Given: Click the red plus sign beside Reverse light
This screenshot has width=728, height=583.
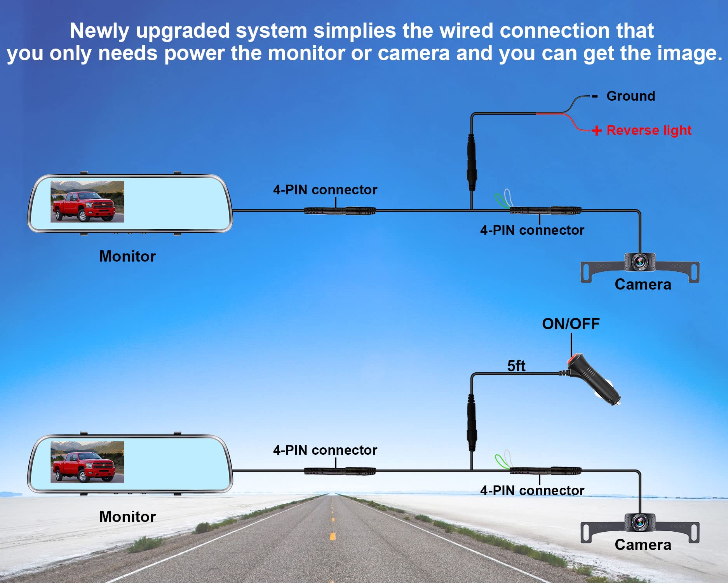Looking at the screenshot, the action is pos(597,131).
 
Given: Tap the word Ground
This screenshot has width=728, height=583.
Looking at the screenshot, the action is pos(631,96).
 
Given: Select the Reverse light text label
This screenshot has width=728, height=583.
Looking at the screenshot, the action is pos(649,130).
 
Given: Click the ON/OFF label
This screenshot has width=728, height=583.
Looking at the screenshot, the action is pos(571,324).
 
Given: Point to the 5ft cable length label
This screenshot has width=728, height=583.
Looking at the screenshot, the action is pos(516,366).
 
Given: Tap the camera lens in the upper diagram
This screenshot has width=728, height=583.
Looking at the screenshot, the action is pos(639,262).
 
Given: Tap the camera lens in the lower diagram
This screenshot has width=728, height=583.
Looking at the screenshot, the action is pos(639,522).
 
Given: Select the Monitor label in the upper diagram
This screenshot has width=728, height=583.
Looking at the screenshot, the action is pos(127,256).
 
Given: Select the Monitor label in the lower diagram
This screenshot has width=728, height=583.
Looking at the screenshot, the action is pos(127,517).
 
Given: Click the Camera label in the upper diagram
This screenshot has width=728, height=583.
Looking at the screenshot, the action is pos(643,284).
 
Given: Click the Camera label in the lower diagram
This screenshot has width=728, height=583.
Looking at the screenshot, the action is pos(643,545).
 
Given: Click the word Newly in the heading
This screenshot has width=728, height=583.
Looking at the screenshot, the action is pos(99,31).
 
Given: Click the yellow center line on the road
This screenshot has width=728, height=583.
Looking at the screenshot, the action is pos(333,521).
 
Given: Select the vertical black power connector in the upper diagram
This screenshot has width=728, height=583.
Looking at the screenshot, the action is pos(472,162).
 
